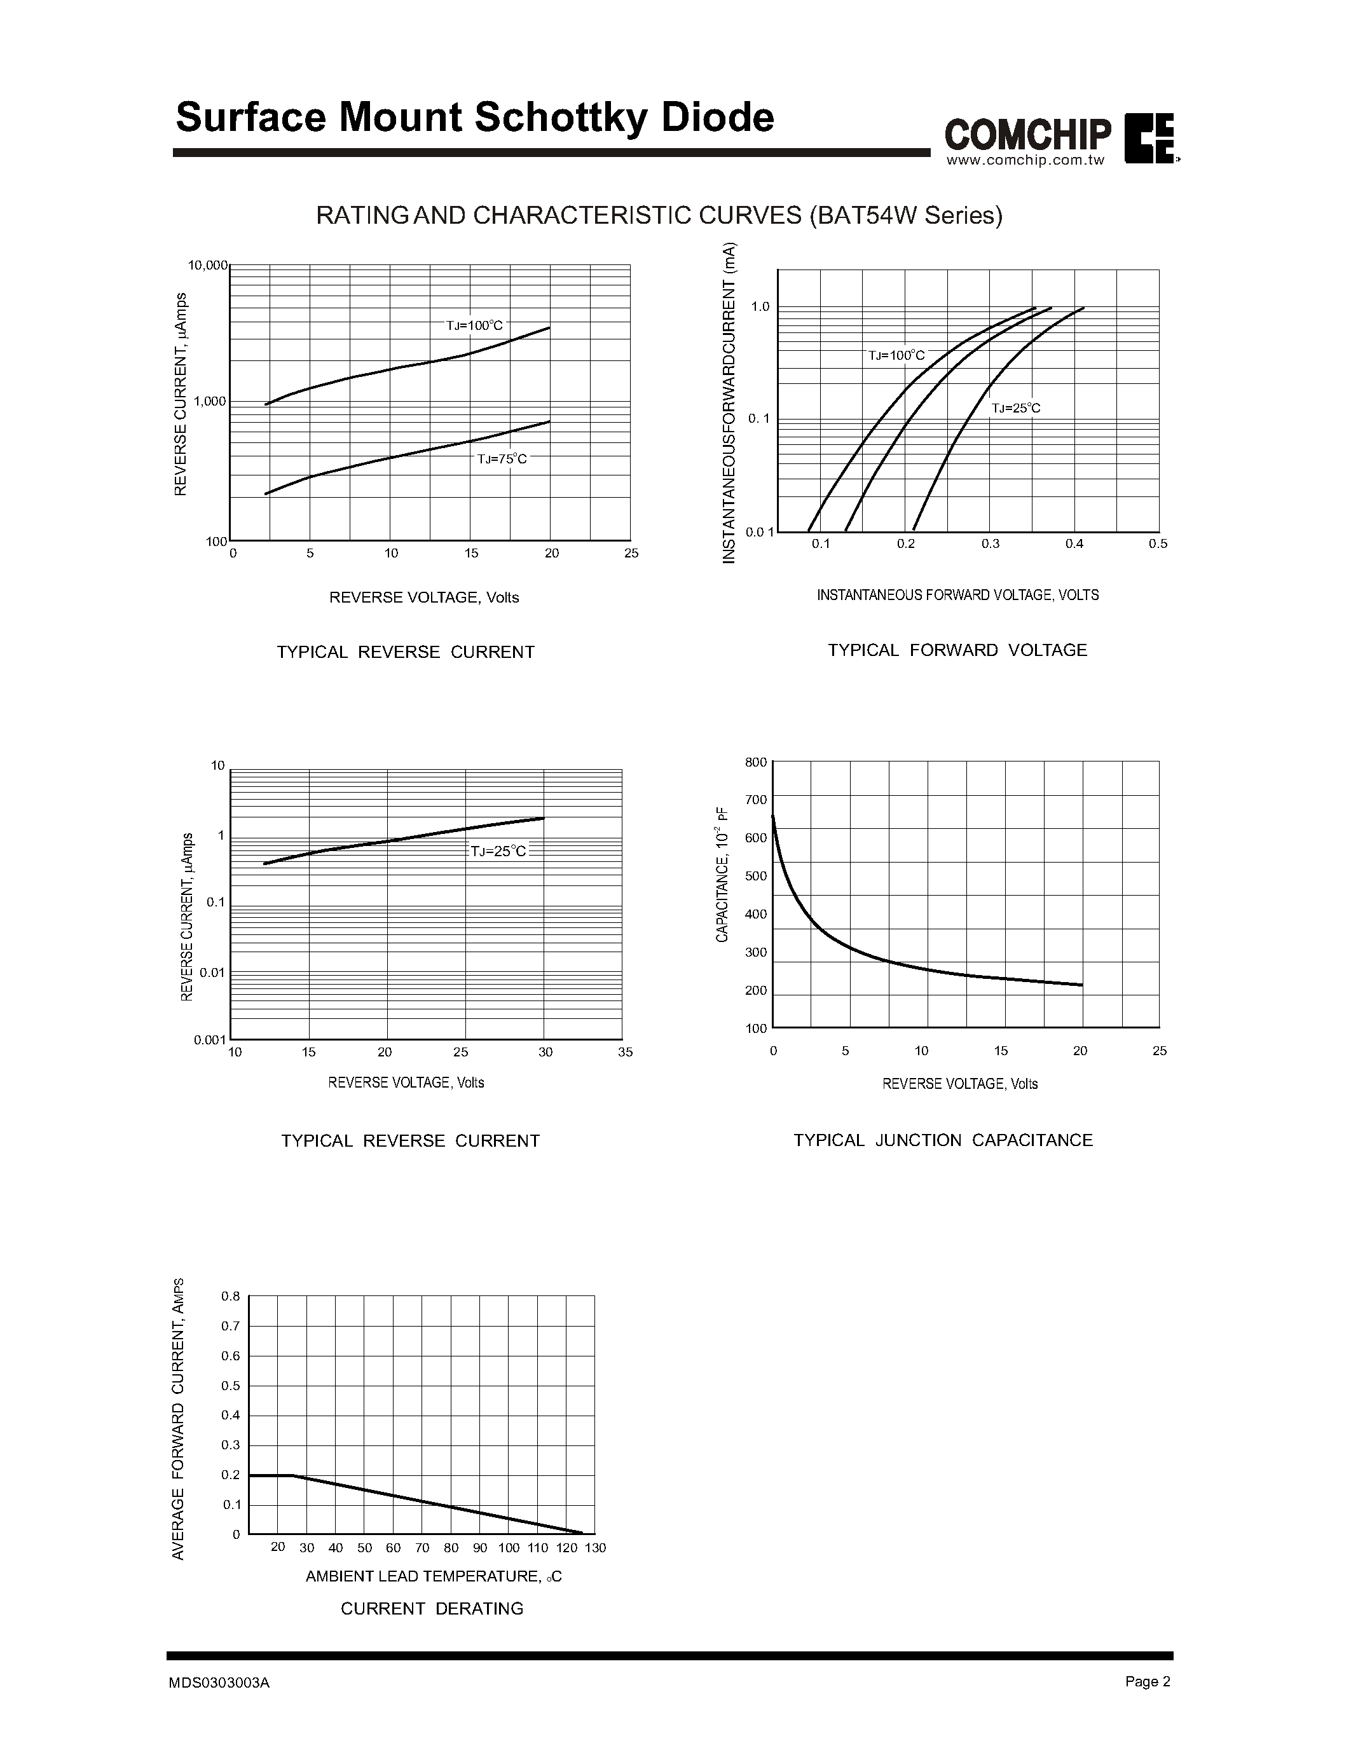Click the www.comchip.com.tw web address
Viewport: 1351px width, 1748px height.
pyautogui.click(x=1025, y=160)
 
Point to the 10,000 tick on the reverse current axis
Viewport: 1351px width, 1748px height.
pyautogui.click(x=207, y=265)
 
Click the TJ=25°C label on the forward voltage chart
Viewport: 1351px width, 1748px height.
pyautogui.click(x=1016, y=408)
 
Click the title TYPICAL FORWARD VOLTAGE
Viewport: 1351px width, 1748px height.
pyautogui.click(x=957, y=650)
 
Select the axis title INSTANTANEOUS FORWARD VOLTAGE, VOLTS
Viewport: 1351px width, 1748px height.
pyautogui.click(x=957, y=595)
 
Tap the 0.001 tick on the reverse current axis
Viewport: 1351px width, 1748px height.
pyautogui.click(x=209, y=1040)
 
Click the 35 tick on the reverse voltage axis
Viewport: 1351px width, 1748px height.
pyautogui.click(x=625, y=1052)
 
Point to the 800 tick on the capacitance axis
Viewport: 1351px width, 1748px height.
pyautogui.click(x=755, y=762)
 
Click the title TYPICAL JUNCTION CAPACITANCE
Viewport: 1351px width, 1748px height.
pyautogui.click(x=943, y=1140)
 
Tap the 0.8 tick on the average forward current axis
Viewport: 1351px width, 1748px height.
pyautogui.click(x=231, y=1296)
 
